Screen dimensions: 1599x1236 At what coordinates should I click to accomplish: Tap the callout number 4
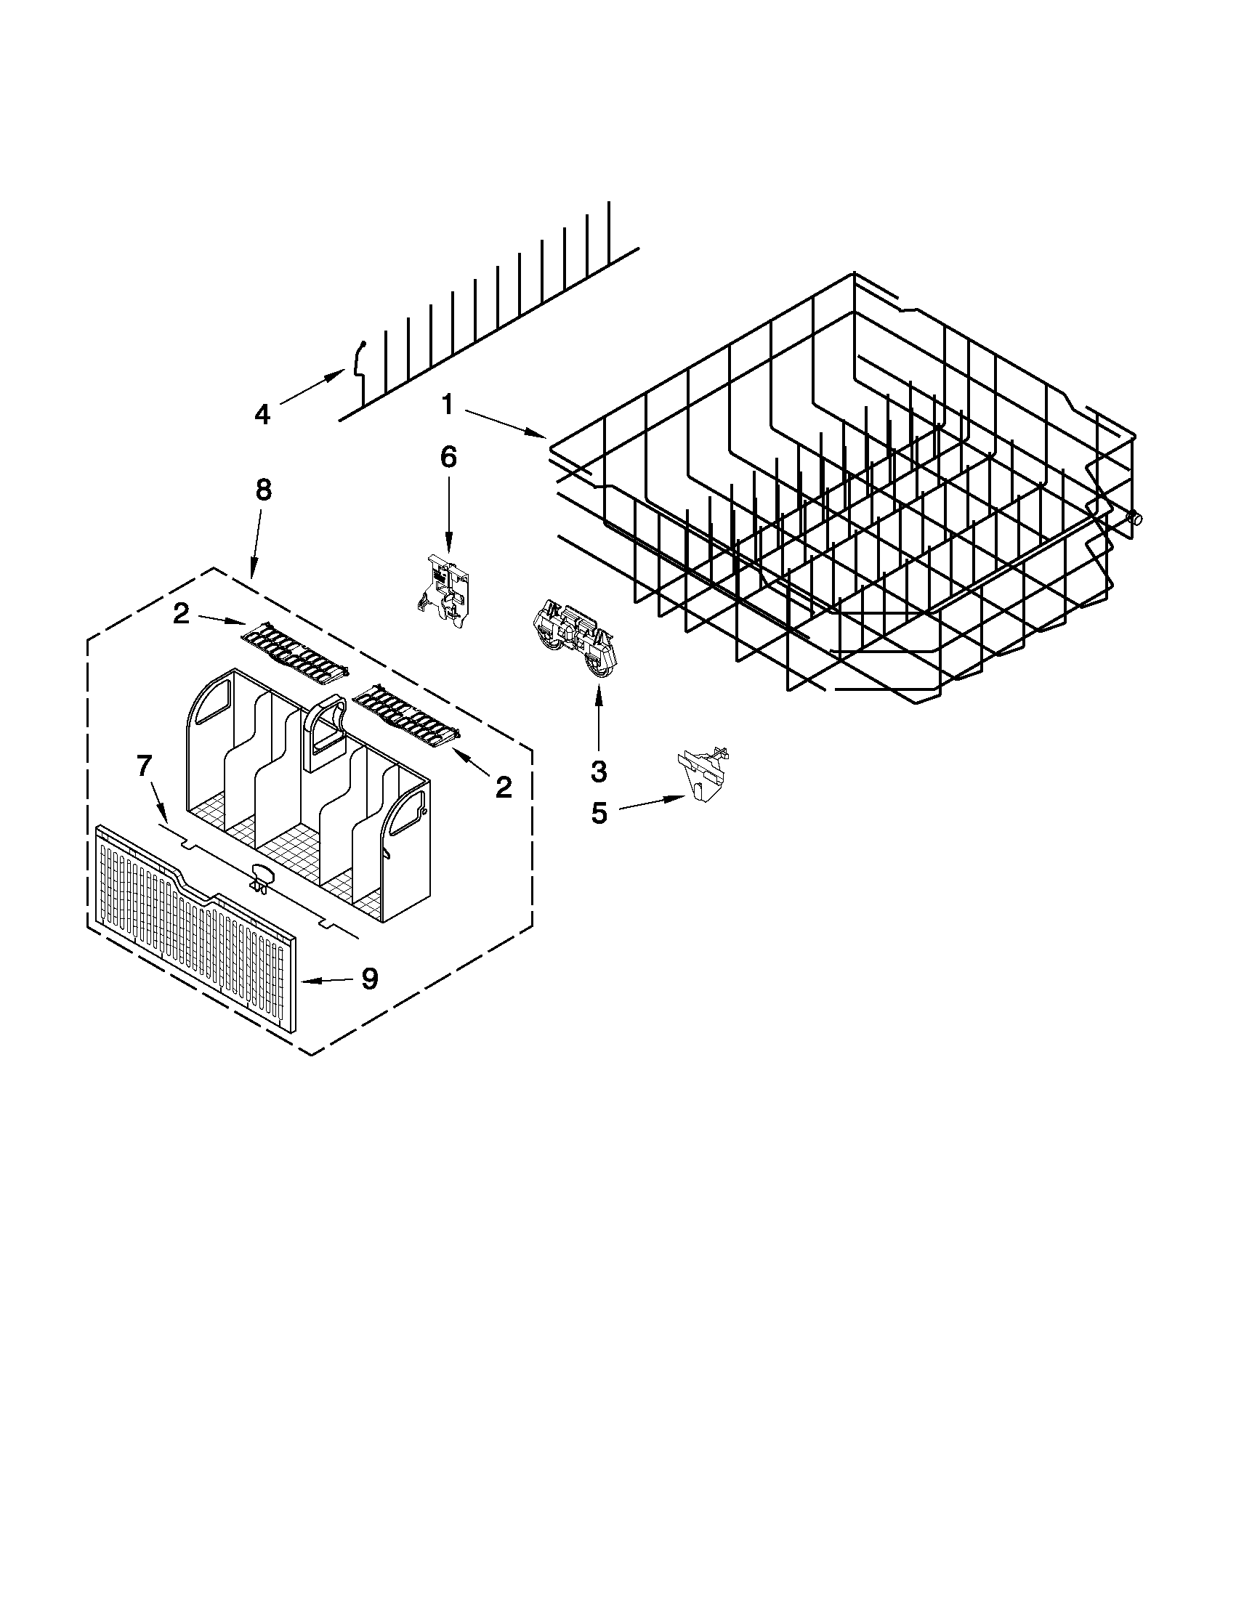tap(262, 414)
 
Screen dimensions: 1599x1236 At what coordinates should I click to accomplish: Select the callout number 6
tap(448, 458)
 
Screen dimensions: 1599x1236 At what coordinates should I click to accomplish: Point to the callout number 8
tap(263, 490)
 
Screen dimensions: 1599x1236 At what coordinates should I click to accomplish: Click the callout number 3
tap(598, 770)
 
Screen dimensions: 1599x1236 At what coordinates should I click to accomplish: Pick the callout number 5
tap(599, 813)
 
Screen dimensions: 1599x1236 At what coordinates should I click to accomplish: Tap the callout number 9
tap(370, 977)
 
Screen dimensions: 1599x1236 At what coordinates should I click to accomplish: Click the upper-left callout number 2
tap(181, 614)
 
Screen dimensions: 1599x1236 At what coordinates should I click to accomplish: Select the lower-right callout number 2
tap(503, 787)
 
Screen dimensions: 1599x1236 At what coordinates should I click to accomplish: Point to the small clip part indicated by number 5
tap(703, 774)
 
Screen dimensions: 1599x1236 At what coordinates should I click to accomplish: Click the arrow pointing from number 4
tap(311, 387)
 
